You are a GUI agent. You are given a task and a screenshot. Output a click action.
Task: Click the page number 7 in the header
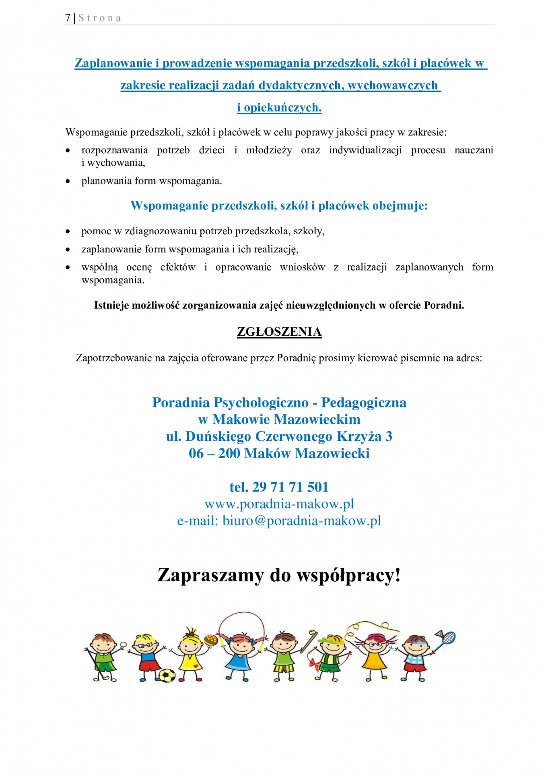pyautogui.click(x=68, y=18)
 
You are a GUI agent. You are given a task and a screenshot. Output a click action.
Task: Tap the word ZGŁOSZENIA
pyautogui.click(x=279, y=332)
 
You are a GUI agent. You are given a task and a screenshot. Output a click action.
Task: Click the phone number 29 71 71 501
pyautogui.click(x=290, y=487)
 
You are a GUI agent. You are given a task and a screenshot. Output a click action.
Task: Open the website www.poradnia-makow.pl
pyautogui.click(x=279, y=504)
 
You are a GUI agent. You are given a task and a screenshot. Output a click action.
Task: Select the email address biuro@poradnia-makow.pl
pyautogui.click(x=301, y=521)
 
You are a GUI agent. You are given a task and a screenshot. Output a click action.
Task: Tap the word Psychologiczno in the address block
pyautogui.click(x=261, y=403)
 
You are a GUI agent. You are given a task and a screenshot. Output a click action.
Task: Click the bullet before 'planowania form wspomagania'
pyautogui.click(x=68, y=182)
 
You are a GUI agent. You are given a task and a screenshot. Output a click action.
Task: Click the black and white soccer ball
pyautogui.click(x=167, y=675)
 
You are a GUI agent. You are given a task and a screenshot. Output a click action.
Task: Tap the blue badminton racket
pyautogui.click(x=447, y=638)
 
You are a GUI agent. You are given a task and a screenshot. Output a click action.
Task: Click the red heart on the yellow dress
pyautogui.click(x=195, y=666)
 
